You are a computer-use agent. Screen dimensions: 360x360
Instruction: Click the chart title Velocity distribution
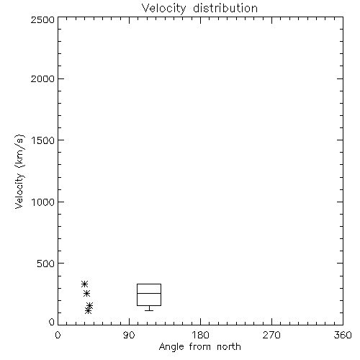[x=199, y=9]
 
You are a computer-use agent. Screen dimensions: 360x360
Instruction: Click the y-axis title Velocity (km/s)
[x=19, y=171]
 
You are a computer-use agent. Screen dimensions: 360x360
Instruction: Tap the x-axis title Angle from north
[x=199, y=347]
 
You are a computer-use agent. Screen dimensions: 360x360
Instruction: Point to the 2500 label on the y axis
[x=42, y=19]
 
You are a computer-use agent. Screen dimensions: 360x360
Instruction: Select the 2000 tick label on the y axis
[x=42, y=78]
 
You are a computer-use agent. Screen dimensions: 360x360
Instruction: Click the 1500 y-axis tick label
[x=43, y=140]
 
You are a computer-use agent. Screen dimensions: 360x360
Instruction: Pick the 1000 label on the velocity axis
[x=43, y=202]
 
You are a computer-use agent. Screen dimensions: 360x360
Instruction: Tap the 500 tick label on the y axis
[x=46, y=264]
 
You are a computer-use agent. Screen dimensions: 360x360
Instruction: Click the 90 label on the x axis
[x=129, y=335]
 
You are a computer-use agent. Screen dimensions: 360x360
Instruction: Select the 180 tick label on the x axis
[x=200, y=335]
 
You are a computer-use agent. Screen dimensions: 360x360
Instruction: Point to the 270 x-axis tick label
[x=271, y=335]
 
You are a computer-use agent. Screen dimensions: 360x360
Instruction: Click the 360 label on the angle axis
[x=343, y=335]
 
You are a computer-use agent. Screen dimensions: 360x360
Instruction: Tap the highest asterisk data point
[x=84, y=284]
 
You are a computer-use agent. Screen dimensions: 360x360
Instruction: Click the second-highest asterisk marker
[x=86, y=293]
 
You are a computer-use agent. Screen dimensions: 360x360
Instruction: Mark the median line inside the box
[x=149, y=293]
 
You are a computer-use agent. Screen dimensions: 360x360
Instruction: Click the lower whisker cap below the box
[x=149, y=310]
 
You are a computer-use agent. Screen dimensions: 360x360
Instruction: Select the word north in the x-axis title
[x=229, y=347]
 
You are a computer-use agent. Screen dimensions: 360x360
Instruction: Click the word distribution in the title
[x=225, y=9]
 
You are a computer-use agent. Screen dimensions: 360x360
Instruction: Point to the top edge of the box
[x=149, y=284]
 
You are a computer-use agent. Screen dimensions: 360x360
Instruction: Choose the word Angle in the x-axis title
[x=171, y=348]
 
